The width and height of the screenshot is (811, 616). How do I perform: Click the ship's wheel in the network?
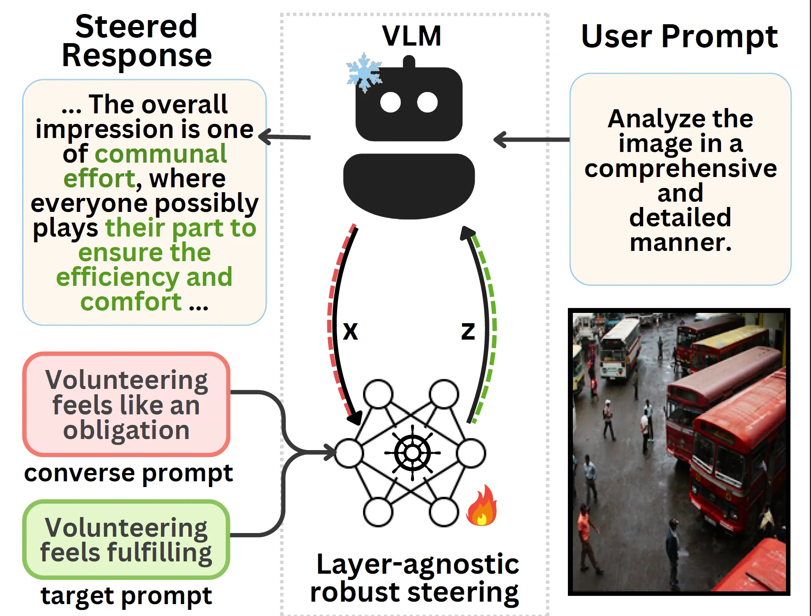412,453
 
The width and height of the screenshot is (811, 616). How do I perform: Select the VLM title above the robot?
412,36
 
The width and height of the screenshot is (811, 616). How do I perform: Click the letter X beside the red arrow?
350,331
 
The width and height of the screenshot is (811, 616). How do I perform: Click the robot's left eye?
390,103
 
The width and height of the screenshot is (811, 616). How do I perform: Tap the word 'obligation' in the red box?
126,430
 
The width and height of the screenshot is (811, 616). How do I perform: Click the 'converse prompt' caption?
128,473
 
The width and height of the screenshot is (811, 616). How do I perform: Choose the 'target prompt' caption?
126,595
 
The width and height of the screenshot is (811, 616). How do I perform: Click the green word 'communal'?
161,154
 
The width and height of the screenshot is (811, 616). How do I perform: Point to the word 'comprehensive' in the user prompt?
680,168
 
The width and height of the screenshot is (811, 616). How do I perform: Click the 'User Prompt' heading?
679,36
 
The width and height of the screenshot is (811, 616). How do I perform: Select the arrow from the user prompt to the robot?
532,140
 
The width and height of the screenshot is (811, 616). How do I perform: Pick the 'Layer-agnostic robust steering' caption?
415,578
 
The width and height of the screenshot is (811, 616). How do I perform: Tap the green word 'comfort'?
131,302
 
